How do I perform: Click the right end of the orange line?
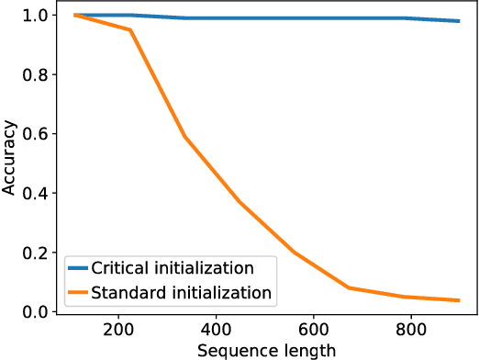[x=459, y=300]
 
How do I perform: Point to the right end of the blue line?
[x=459, y=21]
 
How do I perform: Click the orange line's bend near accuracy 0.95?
[x=130, y=29]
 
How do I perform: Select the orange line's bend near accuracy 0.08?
[x=349, y=287]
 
